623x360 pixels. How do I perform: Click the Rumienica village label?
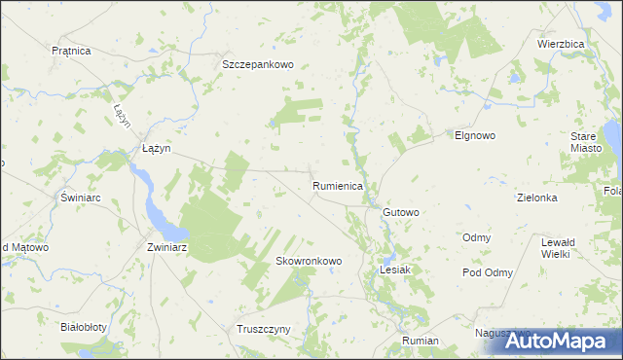pos(338,185)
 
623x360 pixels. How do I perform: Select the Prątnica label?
pos(71,50)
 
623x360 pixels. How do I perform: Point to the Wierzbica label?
pos(561,44)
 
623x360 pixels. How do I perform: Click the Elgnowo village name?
pos(475,136)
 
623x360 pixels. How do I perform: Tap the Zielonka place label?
pos(536,198)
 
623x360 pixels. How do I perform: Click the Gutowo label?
pos(401,212)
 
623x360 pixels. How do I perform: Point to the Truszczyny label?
pos(264,329)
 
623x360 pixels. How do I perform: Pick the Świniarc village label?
pos(82,198)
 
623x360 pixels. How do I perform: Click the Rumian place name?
pos(420,342)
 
